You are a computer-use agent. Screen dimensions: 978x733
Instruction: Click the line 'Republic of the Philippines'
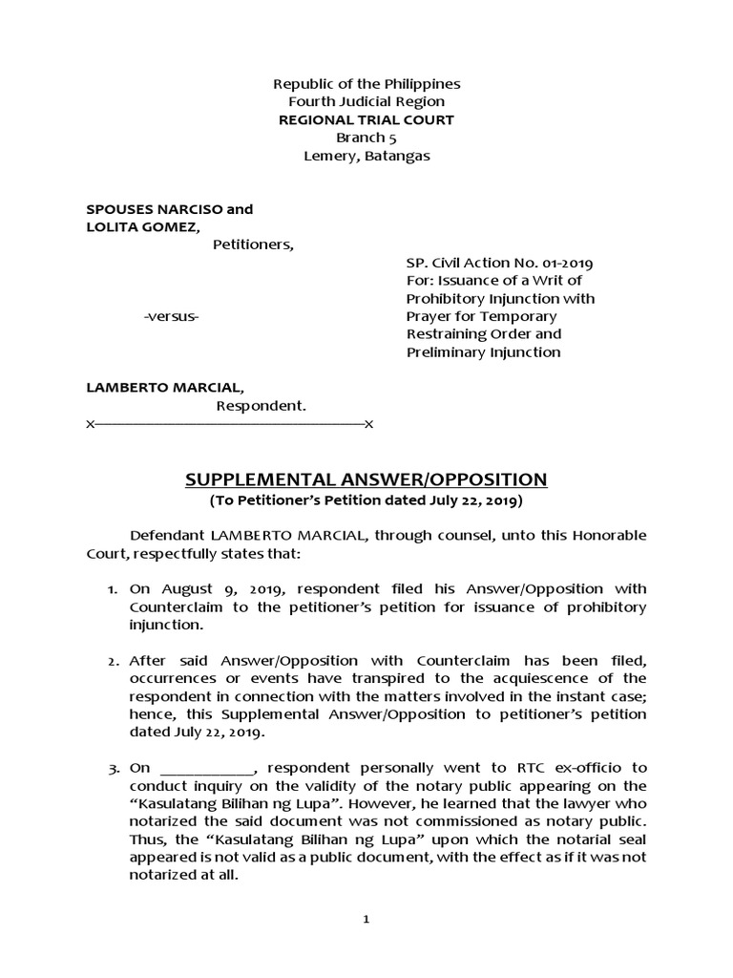(x=366, y=84)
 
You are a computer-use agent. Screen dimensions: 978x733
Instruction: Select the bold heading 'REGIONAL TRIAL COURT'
(x=366, y=119)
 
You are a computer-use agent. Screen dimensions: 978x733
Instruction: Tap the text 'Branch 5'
(x=366, y=138)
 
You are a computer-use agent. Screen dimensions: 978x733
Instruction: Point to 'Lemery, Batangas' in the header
(x=366, y=156)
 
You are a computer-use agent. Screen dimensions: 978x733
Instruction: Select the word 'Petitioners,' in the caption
(x=253, y=244)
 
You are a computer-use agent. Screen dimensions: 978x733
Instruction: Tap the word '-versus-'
(x=171, y=316)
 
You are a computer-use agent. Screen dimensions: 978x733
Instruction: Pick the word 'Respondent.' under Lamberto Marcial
(x=261, y=406)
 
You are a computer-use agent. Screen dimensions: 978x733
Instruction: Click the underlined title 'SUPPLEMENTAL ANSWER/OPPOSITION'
(x=366, y=479)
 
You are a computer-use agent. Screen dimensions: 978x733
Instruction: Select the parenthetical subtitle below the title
(x=366, y=500)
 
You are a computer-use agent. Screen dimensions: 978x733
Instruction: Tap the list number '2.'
(x=114, y=661)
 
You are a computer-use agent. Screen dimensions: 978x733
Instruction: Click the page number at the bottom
(x=366, y=920)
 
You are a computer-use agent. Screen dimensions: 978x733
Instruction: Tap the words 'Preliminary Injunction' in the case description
(x=483, y=352)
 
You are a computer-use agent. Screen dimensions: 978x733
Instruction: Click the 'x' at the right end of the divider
(x=368, y=423)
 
